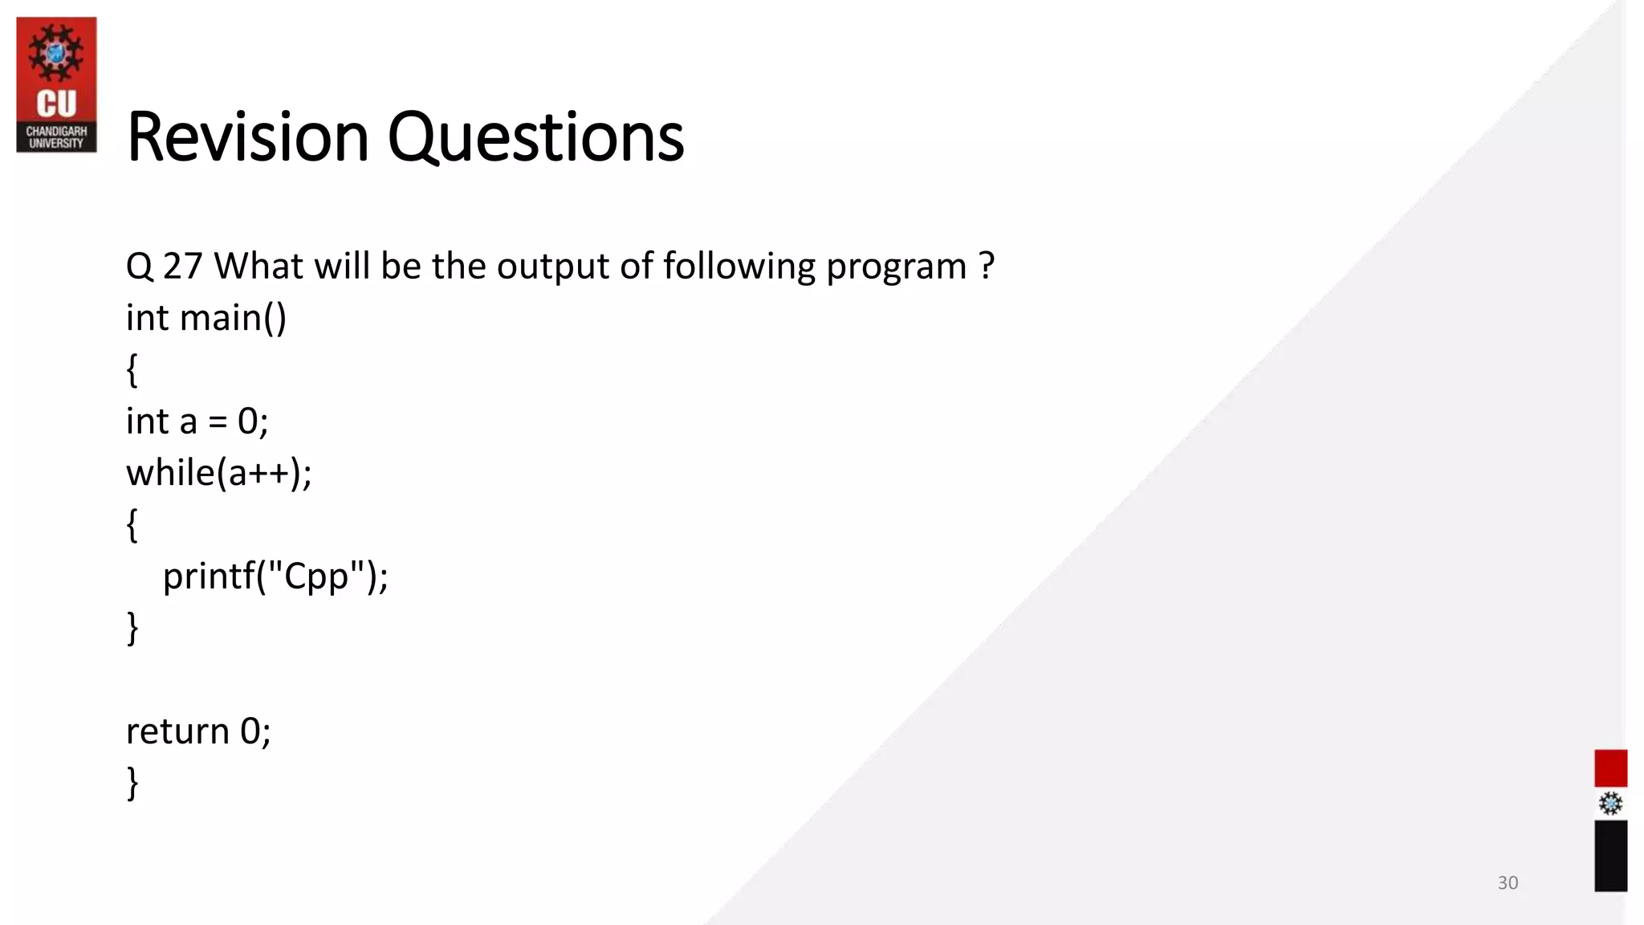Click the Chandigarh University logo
56,85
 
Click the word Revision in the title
247,137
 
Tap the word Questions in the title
535,137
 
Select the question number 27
182,266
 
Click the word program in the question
896,266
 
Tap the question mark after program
987,266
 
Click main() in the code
233,318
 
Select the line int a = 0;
197,421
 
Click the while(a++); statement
218,472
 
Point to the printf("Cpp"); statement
275,576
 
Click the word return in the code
177,731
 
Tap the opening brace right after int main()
132,370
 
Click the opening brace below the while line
132,525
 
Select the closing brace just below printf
132,628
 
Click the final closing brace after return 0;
132,783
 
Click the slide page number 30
1508,882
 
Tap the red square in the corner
1610,768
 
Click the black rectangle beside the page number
1610,855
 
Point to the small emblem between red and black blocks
1610,804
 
